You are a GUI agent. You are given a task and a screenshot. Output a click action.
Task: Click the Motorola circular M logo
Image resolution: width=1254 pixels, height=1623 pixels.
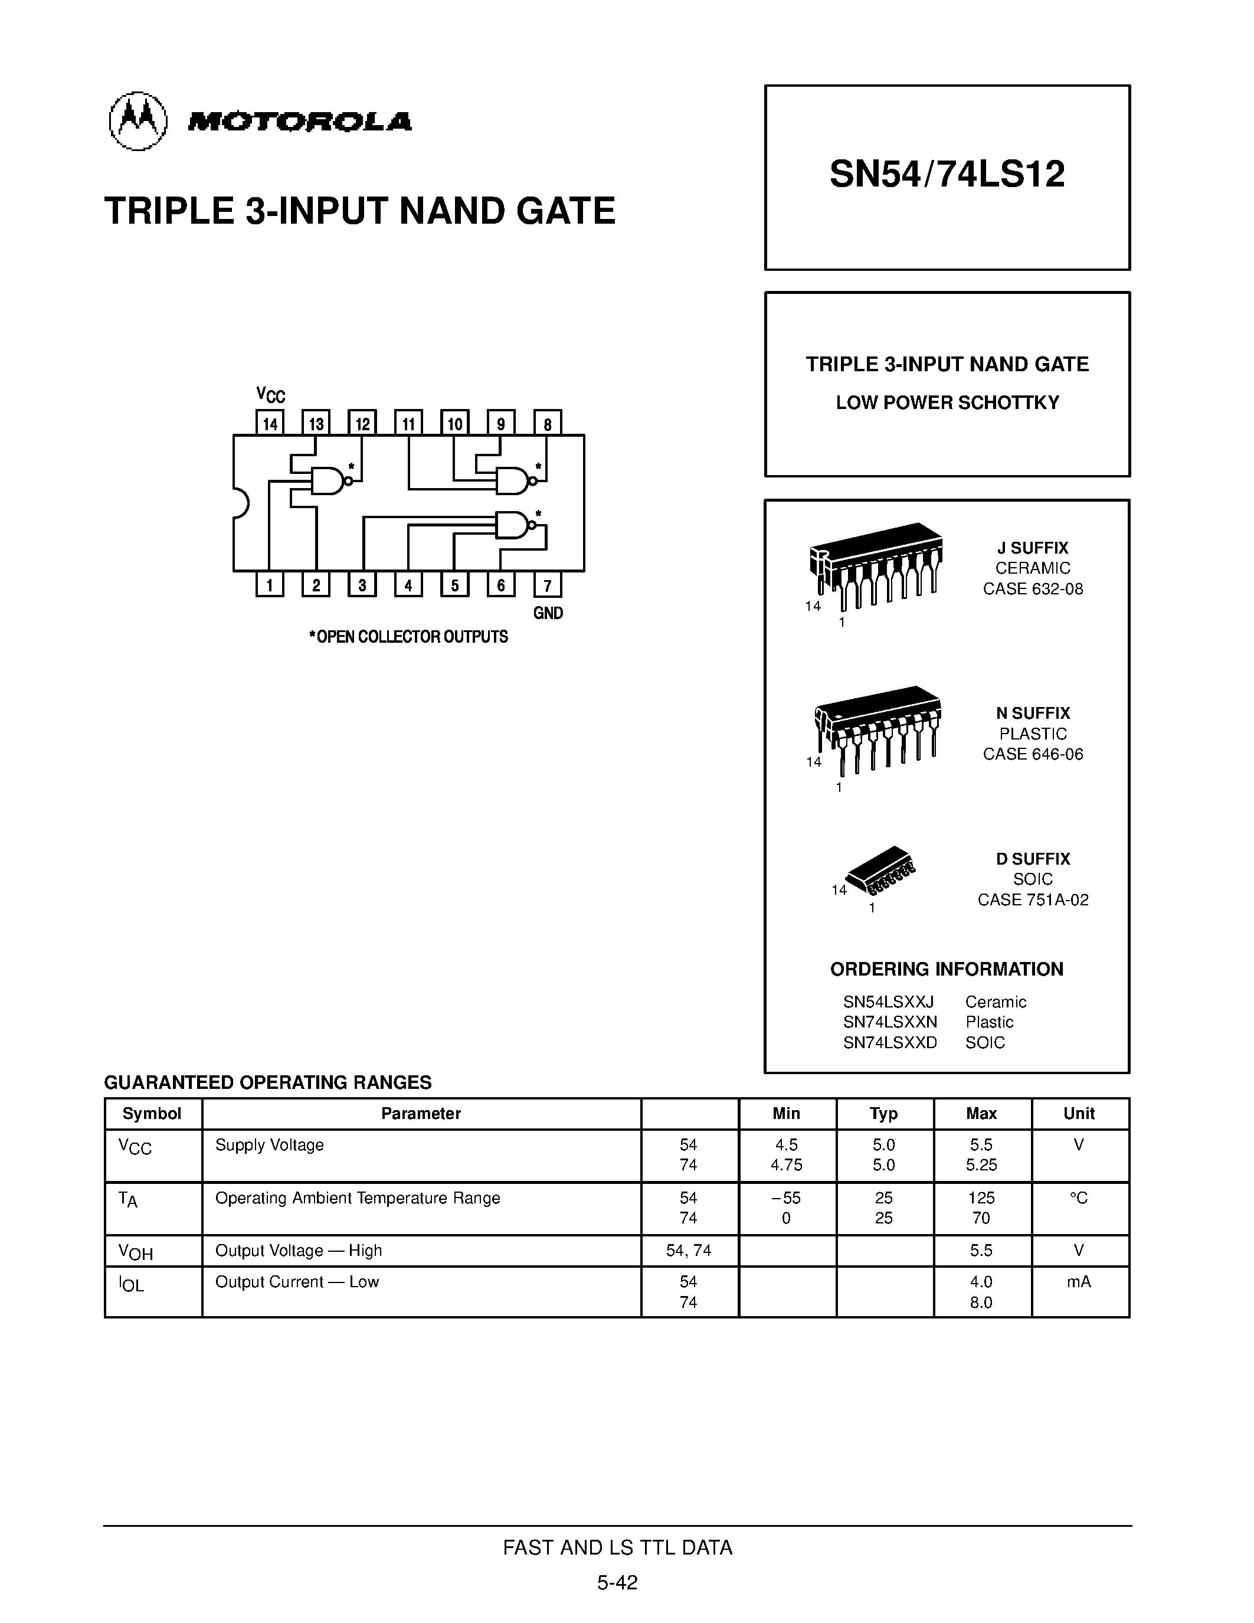(x=138, y=120)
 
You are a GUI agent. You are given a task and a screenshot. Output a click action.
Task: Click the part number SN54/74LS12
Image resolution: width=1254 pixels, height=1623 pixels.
(x=947, y=175)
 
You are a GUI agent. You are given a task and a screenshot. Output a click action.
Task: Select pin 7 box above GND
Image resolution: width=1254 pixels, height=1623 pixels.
(x=548, y=585)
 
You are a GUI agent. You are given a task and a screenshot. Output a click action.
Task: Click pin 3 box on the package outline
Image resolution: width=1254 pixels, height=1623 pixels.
(x=362, y=585)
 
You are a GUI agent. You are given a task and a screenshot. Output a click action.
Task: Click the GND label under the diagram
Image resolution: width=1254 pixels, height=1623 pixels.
(x=548, y=613)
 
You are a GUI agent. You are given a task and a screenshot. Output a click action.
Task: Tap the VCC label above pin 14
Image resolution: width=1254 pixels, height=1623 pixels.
(x=270, y=395)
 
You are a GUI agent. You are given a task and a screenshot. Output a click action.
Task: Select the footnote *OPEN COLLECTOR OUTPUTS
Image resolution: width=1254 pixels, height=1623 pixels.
(x=408, y=637)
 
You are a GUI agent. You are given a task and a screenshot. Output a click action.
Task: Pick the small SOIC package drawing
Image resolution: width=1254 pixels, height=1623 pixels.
(x=881, y=869)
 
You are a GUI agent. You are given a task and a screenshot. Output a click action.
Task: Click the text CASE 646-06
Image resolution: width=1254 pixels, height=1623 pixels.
(x=1033, y=754)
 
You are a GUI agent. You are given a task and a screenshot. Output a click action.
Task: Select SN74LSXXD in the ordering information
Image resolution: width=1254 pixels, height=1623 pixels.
(x=890, y=1043)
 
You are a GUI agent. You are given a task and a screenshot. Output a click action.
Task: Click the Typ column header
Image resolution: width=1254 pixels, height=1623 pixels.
(x=883, y=1113)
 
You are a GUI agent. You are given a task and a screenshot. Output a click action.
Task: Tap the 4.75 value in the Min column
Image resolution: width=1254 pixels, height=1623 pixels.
(x=786, y=1165)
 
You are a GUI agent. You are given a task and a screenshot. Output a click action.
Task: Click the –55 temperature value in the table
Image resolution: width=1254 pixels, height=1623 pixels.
(x=786, y=1198)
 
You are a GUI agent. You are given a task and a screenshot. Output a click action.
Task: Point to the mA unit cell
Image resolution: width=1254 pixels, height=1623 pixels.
(x=1079, y=1281)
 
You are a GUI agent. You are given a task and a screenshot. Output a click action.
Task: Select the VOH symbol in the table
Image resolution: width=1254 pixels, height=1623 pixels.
(x=135, y=1252)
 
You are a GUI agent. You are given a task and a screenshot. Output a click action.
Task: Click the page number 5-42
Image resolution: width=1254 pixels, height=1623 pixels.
(x=617, y=1583)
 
